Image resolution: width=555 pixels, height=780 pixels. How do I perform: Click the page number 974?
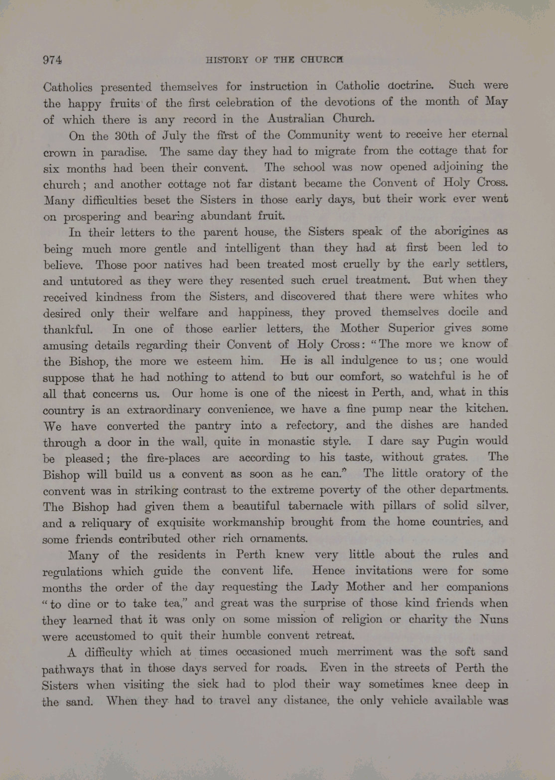click(52, 60)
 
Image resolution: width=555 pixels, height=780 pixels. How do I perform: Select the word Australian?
click(295, 119)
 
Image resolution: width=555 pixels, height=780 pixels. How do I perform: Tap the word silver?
click(491, 506)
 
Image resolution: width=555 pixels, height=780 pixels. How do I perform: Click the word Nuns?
click(493, 620)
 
